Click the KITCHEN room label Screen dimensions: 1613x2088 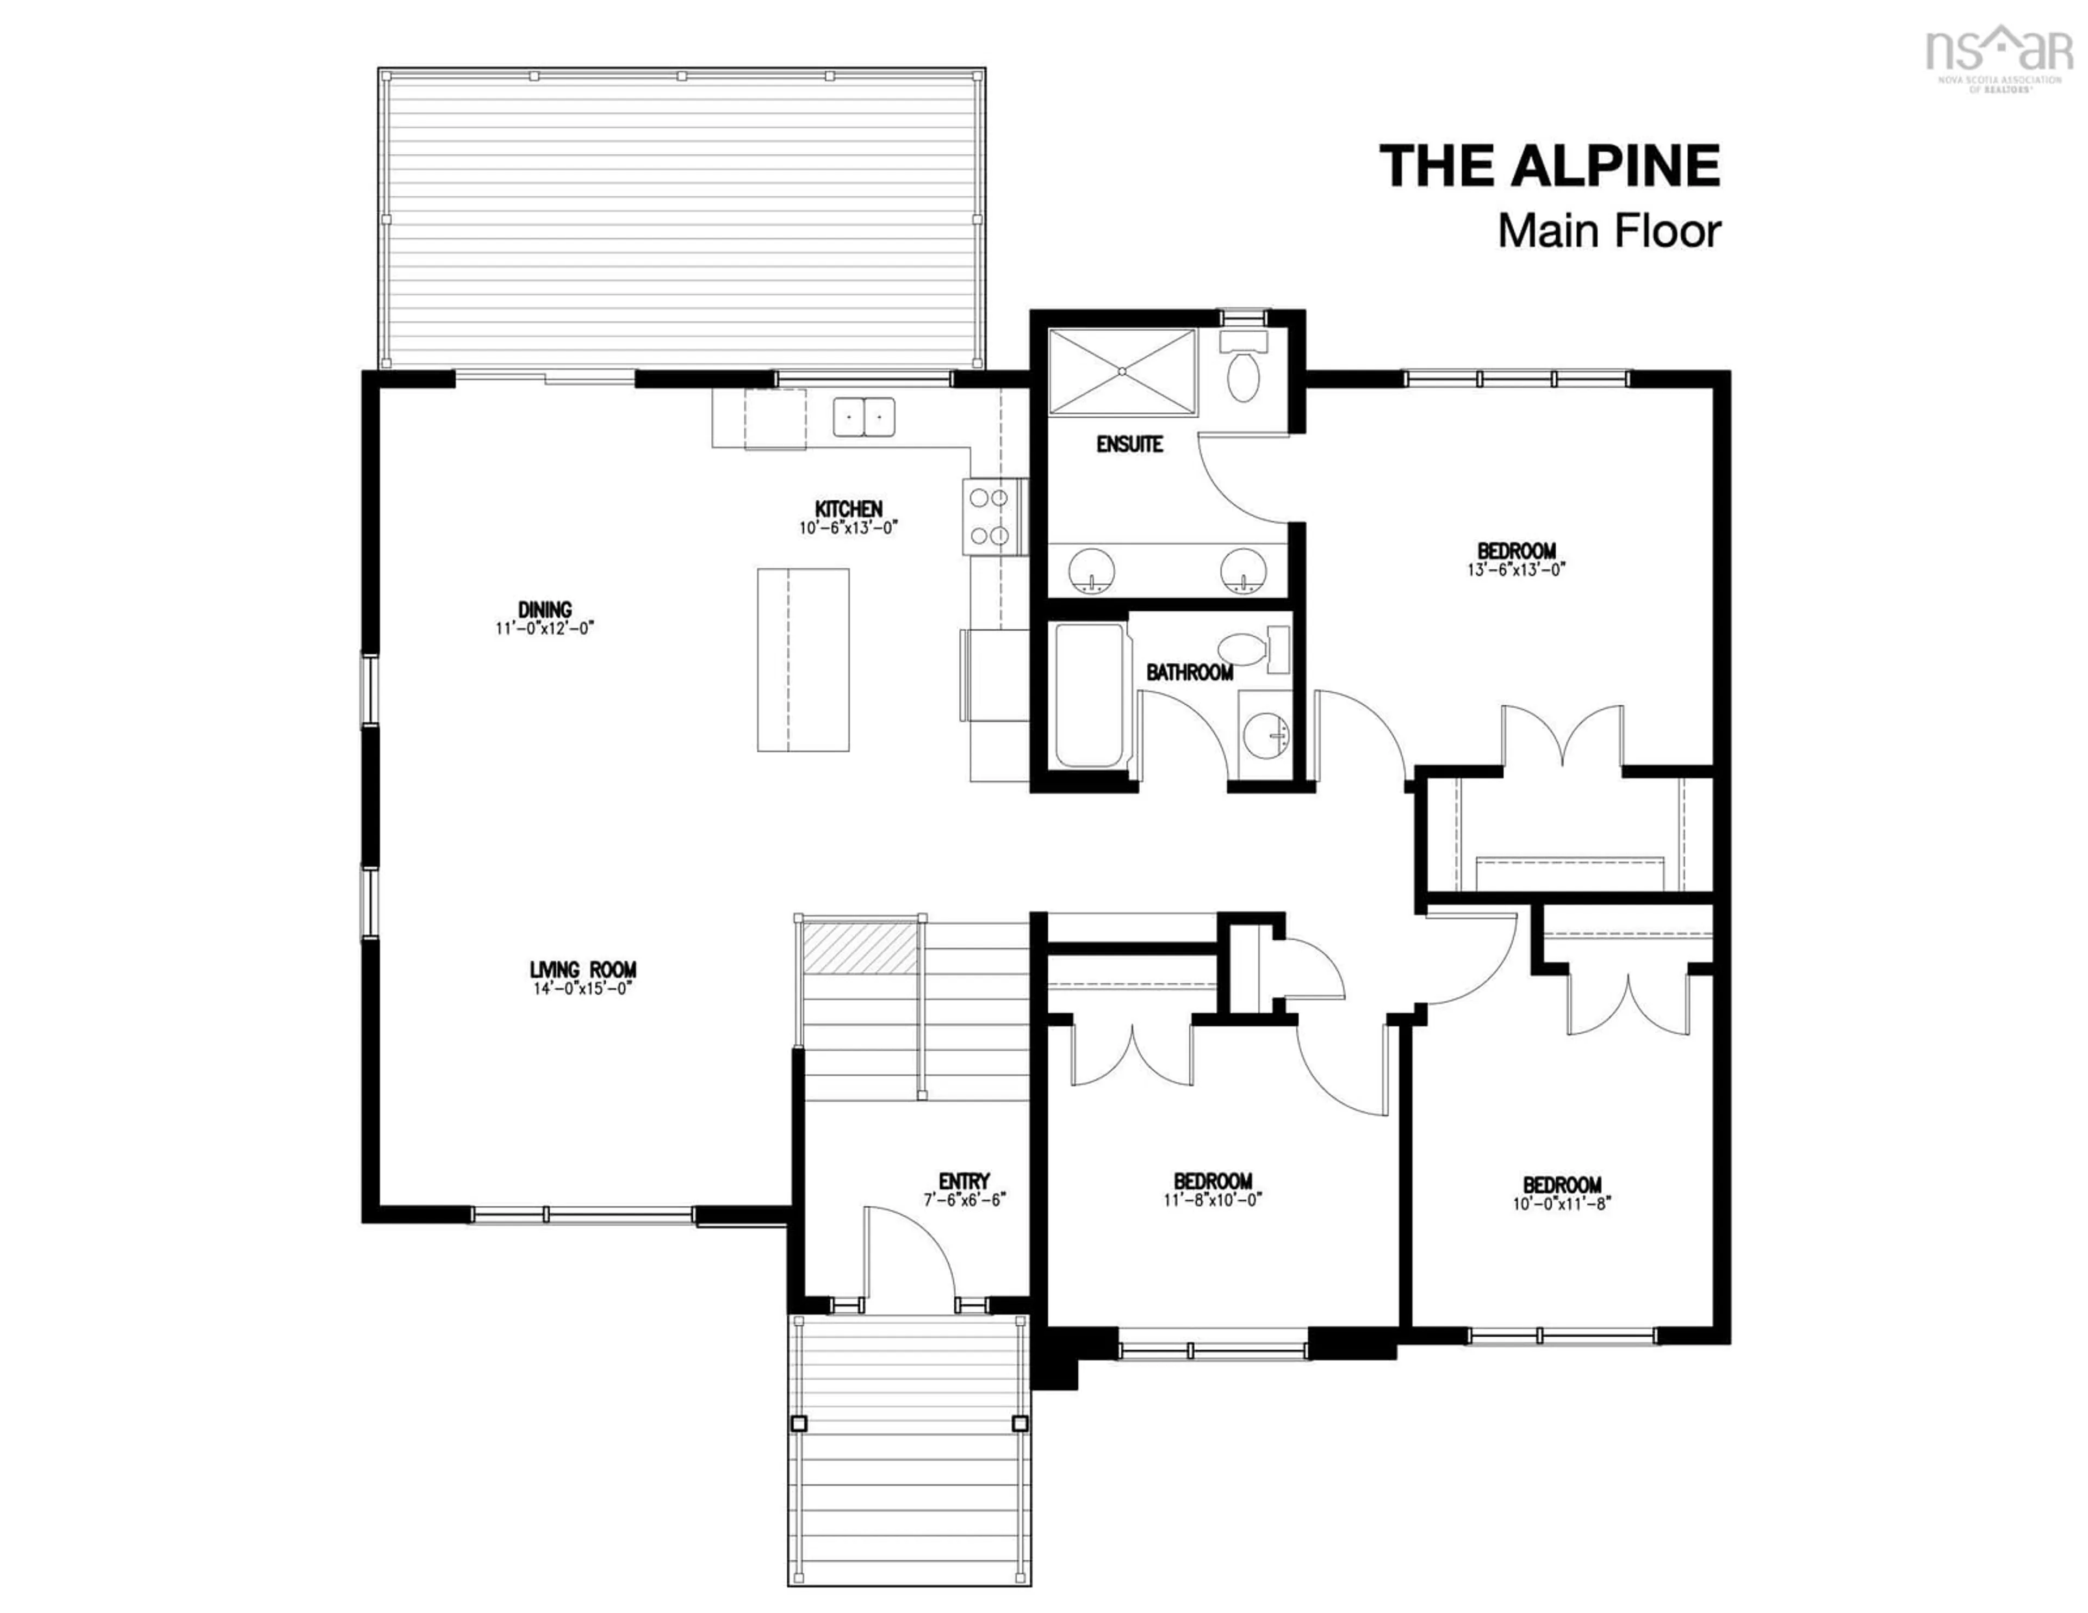(x=848, y=508)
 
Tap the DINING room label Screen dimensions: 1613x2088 (x=545, y=609)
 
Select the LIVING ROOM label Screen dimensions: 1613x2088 (x=583, y=970)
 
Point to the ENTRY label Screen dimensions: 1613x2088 (x=964, y=1181)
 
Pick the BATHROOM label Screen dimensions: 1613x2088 (x=1189, y=672)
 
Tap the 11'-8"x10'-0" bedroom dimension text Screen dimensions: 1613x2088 (x=1212, y=1200)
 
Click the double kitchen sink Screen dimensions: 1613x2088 (x=863, y=417)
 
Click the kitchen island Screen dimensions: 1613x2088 (x=803, y=660)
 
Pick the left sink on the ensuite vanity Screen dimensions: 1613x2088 (x=1091, y=571)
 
